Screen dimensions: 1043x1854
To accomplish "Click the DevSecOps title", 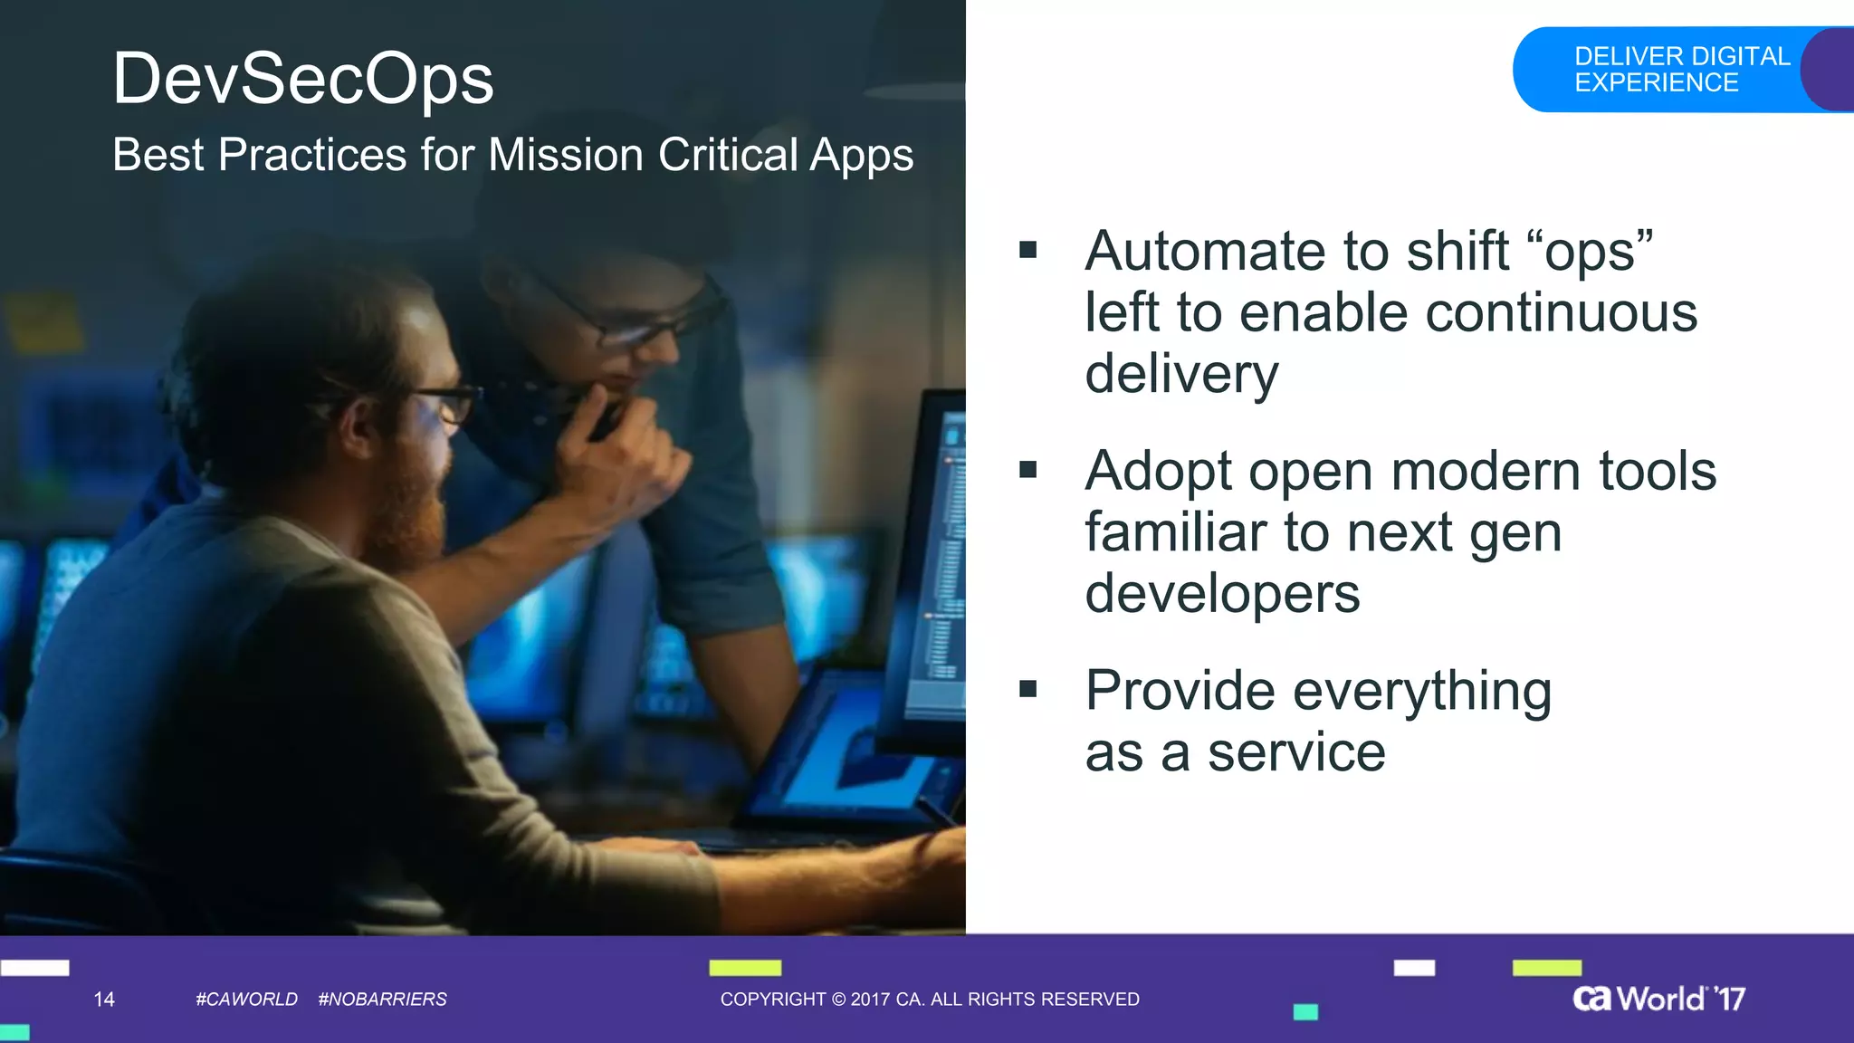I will click(x=302, y=80).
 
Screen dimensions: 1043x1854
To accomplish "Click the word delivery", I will click(x=1181, y=374).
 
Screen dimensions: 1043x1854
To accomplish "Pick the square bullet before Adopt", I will click(x=1027, y=470).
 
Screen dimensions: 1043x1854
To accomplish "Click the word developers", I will click(x=1222, y=594).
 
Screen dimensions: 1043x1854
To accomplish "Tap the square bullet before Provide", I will click(x=1027, y=690).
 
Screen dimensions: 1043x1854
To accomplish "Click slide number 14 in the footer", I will click(x=104, y=1000).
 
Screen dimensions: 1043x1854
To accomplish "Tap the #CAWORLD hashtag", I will click(x=246, y=1000).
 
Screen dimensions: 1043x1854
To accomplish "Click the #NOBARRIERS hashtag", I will click(x=382, y=1000).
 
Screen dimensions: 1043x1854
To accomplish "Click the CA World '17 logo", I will click(x=1658, y=999).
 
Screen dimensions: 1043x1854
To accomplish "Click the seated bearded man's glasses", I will click(x=444, y=402).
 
